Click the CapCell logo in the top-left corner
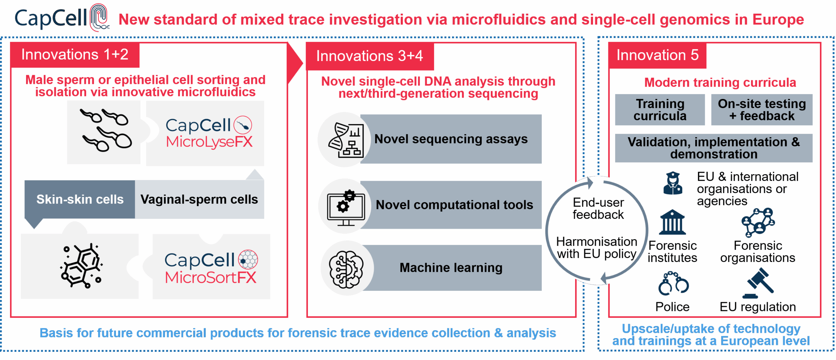coord(60,18)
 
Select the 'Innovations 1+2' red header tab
coord(75,55)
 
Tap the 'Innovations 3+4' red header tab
coord(370,56)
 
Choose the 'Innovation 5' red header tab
coord(657,55)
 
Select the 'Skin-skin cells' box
coord(80,199)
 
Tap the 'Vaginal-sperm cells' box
coord(199,199)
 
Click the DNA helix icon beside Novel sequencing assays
coord(346,140)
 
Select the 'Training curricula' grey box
coord(660,110)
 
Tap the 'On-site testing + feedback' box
coord(762,110)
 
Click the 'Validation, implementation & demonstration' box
coord(714,148)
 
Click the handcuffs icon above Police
coord(673,284)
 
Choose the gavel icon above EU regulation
coord(758,283)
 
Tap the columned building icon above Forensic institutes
coord(672,222)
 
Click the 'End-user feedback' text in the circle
coord(598,208)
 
